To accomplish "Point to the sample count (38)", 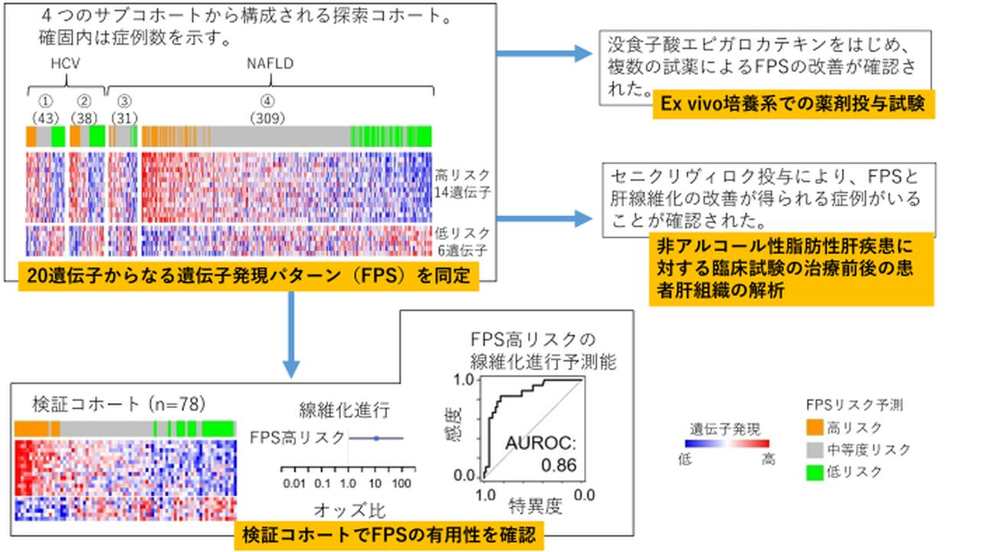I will tap(84, 118).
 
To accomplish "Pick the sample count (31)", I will tap(124, 118).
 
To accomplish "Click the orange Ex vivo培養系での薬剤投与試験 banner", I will tap(794, 105).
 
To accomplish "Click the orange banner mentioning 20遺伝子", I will tap(249, 277).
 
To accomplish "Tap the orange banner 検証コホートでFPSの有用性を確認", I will tap(389, 534).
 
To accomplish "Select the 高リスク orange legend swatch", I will tap(818, 428).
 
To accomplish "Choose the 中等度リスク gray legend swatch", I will tap(818, 450).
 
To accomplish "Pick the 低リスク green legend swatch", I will tap(818, 472).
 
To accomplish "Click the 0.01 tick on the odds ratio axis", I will tap(294, 484).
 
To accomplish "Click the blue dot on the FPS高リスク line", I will tap(376, 438).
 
